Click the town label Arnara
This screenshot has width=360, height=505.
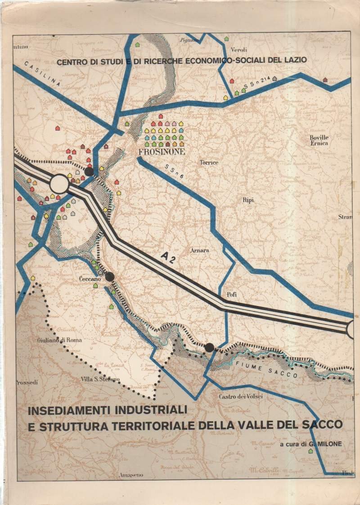click(200, 250)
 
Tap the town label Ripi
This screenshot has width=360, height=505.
click(248, 200)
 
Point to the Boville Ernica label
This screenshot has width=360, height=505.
click(319, 140)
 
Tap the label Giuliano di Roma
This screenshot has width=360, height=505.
click(59, 340)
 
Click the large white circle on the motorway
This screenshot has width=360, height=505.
click(59, 184)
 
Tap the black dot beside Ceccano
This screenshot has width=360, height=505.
click(109, 277)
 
